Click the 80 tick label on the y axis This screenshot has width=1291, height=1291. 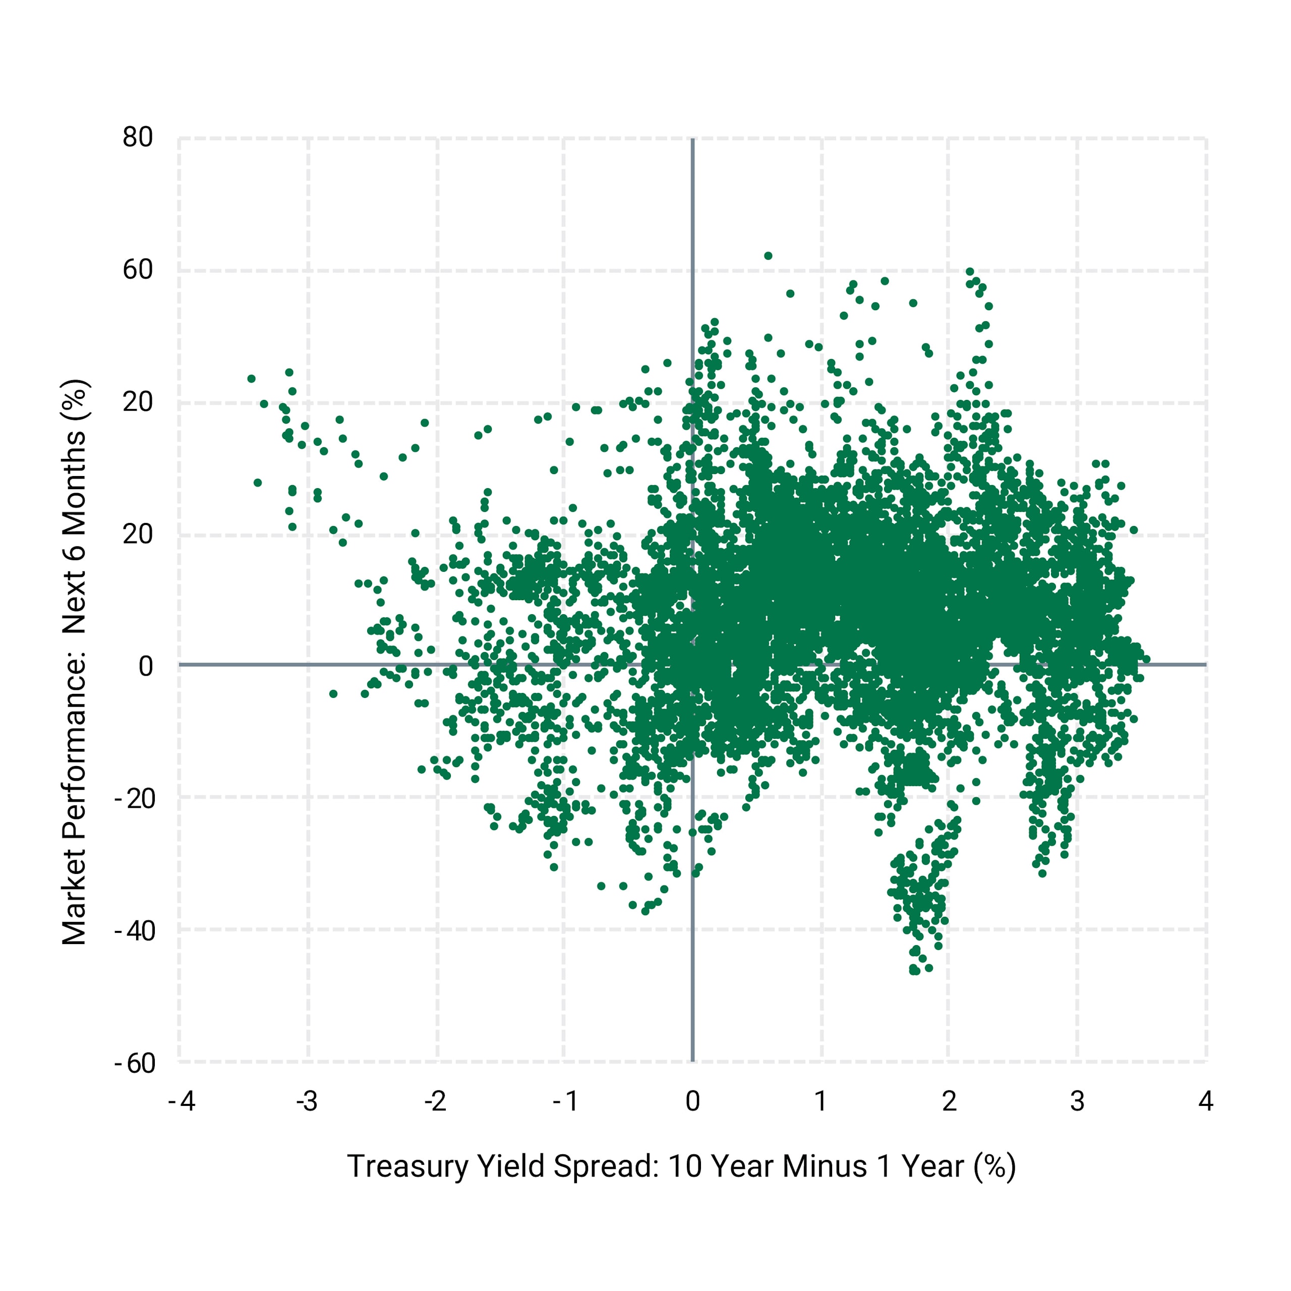pos(138,138)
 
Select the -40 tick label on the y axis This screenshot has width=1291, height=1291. pos(135,931)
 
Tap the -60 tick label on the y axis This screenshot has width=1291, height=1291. pos(135,1063)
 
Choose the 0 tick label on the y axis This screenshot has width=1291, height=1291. pos(146,666)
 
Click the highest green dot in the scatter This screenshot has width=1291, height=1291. pos(768,256)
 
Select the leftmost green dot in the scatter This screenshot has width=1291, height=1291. pos(251,379)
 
